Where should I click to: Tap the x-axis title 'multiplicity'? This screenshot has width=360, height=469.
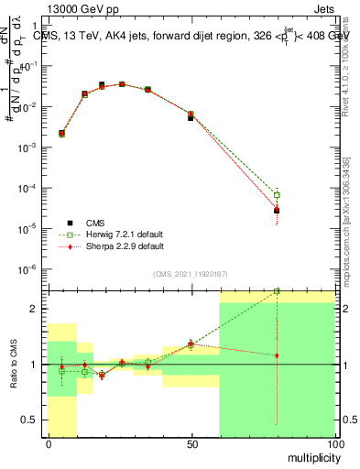(x=307, y=455)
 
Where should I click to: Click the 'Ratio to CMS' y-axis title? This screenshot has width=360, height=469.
(x=12, y=364)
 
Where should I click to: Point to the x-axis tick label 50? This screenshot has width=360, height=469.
(x=191, y=444)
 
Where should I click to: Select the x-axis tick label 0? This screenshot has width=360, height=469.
(x=49, y=444)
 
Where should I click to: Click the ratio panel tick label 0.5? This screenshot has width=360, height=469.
(x=30, y=420)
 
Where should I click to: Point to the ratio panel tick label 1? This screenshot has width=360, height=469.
(x=34, y=365)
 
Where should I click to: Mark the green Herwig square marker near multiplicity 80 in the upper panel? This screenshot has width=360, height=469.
(x=277, y=194)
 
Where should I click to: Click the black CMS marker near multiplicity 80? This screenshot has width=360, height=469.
(x=277, y=210)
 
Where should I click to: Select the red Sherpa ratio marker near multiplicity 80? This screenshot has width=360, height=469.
(x=277, y=355)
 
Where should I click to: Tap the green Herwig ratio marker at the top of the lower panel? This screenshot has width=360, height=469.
(x=277, y=291)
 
